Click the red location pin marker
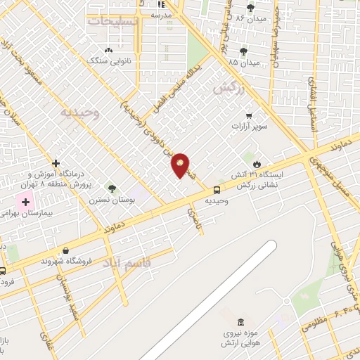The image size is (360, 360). coord(181,165)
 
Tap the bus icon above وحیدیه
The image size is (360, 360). coord(217,190)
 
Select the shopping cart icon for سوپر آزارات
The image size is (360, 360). coord(248,115)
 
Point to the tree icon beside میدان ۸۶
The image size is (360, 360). coord(251,8)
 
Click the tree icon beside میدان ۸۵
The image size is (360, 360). coord(243,51)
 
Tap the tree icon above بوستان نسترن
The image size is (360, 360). coord(111,188)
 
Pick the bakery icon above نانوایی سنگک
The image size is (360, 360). coord(108,50)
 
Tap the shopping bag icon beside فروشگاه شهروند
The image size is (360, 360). coord(65,250)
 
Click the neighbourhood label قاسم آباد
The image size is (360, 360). coord(127,262)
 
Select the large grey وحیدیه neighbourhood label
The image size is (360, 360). coord(80,112)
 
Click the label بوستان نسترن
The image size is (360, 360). coord(106,200)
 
